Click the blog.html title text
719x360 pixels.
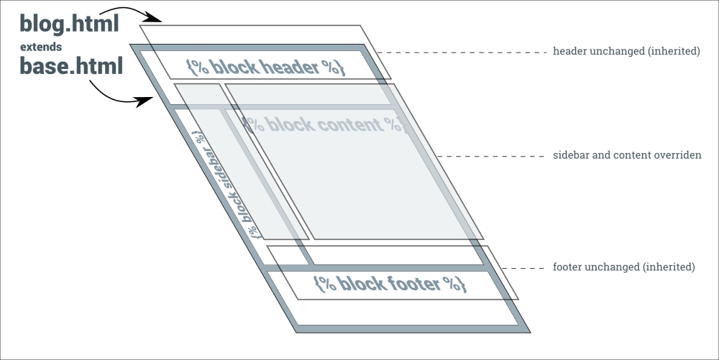(68, 24)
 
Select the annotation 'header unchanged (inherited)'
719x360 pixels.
(626, 52)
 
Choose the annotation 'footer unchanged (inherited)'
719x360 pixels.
(623, 267)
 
